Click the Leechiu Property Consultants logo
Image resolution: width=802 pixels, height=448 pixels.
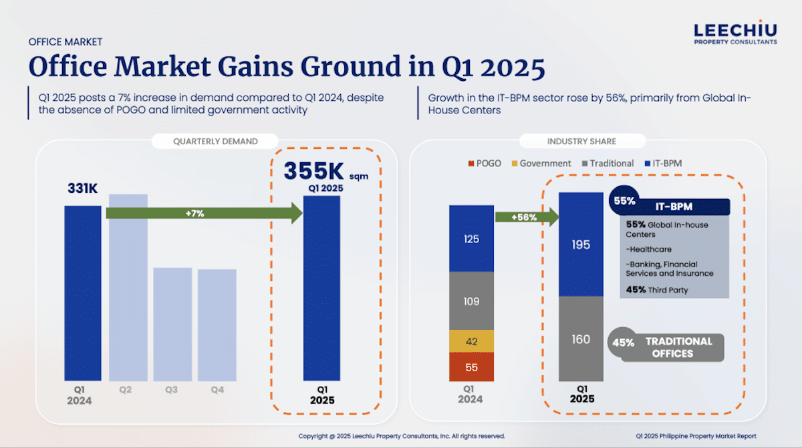click(735, 33)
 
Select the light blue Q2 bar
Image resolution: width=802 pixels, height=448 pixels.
click(128, 287)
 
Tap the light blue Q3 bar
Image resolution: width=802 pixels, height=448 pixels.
click(172, 324)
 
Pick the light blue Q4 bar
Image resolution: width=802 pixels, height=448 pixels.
click(217, 324)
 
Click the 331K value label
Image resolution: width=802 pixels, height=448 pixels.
click(82, 189)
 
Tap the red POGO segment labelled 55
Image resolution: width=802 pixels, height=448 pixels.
click(471, 367)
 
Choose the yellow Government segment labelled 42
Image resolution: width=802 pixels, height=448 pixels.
click(471, 341)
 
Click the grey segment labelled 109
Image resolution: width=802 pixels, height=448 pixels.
click(471, 301)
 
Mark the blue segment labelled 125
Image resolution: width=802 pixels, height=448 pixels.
click(471, 238)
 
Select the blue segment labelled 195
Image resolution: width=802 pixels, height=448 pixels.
click(581, 244)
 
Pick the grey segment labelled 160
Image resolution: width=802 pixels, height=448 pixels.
click(581, 339)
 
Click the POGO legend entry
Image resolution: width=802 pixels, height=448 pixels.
click(485, 163)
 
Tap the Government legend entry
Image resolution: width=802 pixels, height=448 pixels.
click(541, 163)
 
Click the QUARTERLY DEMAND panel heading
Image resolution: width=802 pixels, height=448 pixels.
click(215, 142)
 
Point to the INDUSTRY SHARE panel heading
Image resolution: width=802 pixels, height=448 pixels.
click(581, 142)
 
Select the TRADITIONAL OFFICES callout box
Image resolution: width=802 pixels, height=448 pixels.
click(672, 347)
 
